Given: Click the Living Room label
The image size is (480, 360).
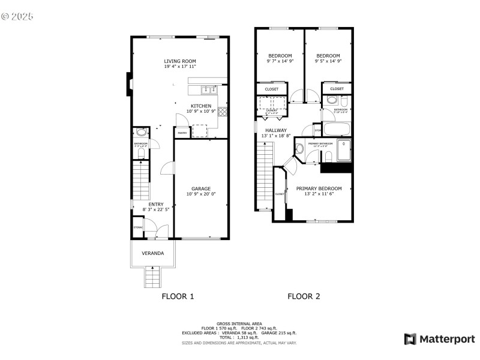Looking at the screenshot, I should click(180, 61).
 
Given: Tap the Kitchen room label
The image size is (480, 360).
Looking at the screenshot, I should click(201, 106).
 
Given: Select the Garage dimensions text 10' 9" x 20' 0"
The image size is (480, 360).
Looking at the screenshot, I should click(201, 194).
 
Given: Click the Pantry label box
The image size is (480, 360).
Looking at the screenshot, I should click(182, 133).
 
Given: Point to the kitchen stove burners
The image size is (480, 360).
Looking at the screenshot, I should click(223, 111).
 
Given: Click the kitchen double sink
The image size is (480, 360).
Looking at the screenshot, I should click(208, 90).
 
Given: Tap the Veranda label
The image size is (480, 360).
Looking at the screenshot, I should click(152, 254).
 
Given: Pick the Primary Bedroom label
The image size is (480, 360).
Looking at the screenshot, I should click(319, 188).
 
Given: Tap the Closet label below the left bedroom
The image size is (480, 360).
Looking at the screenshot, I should click(271, 89).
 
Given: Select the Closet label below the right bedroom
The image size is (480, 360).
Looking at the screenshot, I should click(337, 89).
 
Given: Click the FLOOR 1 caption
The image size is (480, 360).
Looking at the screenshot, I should click(178, 296).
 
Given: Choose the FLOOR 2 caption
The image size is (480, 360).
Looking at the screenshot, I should click(304, 296).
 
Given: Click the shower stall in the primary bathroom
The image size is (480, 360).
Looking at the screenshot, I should click(343, 151).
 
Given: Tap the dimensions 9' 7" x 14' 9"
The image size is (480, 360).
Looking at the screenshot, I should click(280, 61).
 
